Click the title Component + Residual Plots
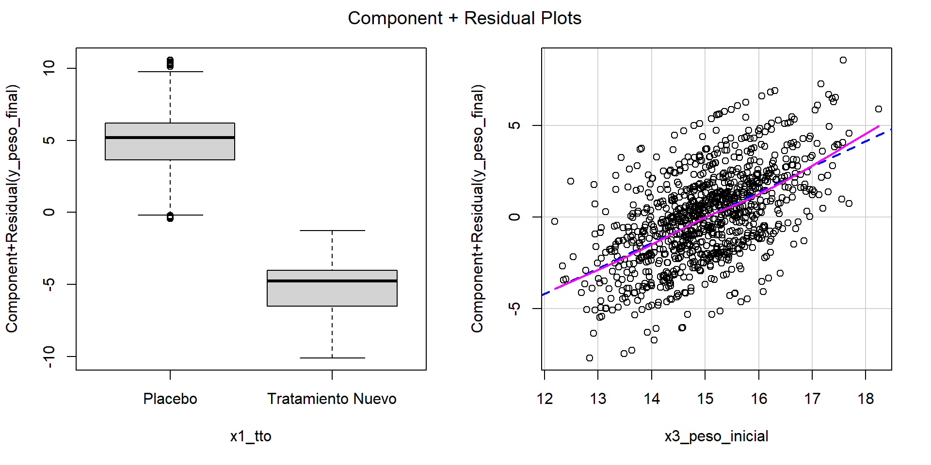[465, 18]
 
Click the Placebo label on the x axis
[170, 399]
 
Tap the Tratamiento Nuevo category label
[332, 399]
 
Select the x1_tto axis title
[250, 436]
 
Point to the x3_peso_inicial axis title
[716, 436]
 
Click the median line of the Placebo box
[170, 138]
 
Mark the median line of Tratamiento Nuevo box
[332, 281]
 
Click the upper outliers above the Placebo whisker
[170, 63]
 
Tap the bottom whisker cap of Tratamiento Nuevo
[332, 358]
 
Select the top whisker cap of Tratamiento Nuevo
[332, 231]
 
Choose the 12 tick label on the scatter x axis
[545, 399]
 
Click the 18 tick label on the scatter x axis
[866, 399]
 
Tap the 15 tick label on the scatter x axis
[705, 399]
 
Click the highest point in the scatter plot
[843, 60]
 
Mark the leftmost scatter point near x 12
[555, 221]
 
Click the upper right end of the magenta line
[878, 126]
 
